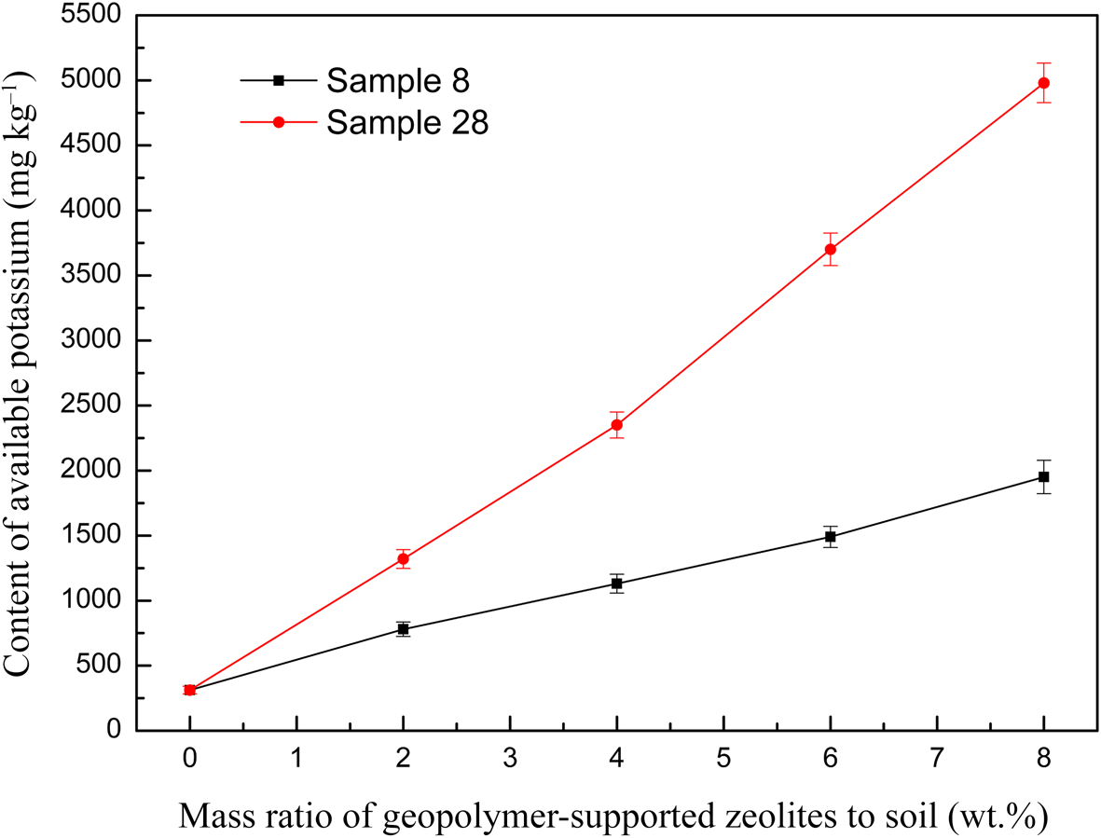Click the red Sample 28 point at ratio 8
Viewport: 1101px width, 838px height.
pyautogui.click(x=1044, y=83)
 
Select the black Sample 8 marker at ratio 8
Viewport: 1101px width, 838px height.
pyautogui.click(x=1044, y=477)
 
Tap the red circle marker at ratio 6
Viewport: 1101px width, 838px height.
pyautogui.click(x=830, y=249)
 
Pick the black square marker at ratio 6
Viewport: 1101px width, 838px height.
pyautogui.click(x=830, y=537)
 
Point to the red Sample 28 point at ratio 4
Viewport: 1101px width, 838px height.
pyautogui.click(x=616, y=425)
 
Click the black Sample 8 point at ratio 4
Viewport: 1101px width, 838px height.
pyautogui.click(x=616, y=584)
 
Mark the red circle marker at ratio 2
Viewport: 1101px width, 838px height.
pyautogui.click(x=403, y=559)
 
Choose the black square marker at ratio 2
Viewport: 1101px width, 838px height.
pyautogui.click(x=403, y=629)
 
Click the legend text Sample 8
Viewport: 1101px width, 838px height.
pyautogui.click(x=397, y=81)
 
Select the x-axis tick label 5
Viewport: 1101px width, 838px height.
pyautogui.click(x=723, y=759)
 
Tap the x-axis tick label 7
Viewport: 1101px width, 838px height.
pyautogui.click(x=937, y=759)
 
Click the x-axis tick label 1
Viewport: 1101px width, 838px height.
pyautogui.click(x=296, y=759)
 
